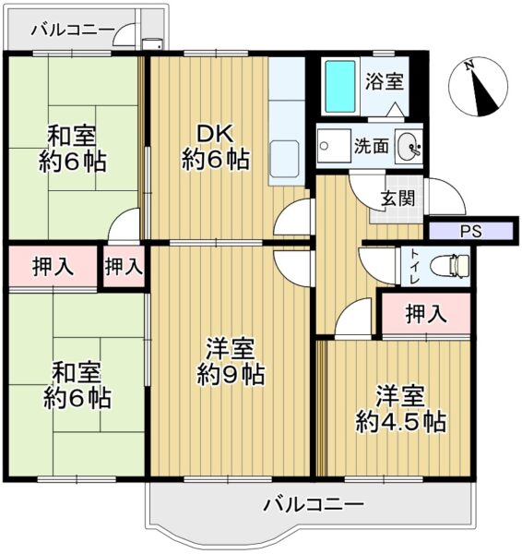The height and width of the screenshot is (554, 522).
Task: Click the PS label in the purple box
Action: click(471, 231)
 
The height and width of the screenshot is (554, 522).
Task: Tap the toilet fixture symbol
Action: click(450, 266)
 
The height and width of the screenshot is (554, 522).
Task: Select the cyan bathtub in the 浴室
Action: click(340, 87)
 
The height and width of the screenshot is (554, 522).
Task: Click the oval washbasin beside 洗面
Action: click(409, 146)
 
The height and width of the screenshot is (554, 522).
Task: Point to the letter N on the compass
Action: click(469, 66)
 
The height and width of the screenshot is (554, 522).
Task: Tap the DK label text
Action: click(215, 134)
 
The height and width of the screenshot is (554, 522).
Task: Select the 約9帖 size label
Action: click(231, 375)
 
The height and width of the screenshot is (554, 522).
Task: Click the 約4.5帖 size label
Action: click(400, 421)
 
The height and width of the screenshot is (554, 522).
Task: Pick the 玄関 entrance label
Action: click(397, 199)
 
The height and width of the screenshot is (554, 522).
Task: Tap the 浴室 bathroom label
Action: click(384, 81)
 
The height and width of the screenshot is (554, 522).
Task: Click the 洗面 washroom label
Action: click(372, 146)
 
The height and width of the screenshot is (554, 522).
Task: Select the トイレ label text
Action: click(415, 267)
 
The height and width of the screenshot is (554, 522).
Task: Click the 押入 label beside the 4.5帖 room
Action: click(426, 314)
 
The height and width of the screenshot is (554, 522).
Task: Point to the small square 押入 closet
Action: click(124, 266)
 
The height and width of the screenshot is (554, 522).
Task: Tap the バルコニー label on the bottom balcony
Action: click(314, 504)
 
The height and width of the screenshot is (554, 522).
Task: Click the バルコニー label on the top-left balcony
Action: click(73, 30)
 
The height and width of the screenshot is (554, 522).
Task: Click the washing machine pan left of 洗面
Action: click(334, 146)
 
